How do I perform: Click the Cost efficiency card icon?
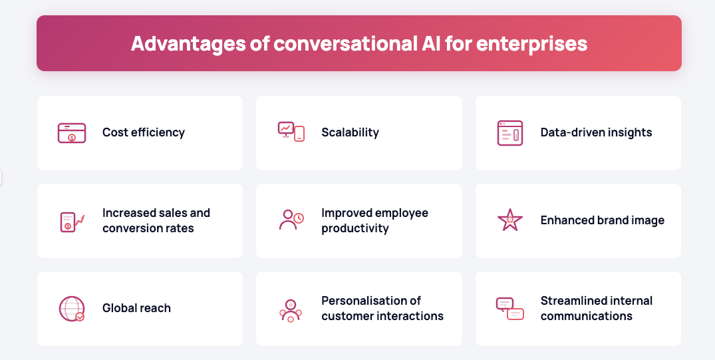pos(72,133)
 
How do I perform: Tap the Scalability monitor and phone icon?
pos(291,132)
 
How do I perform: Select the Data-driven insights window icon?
pos(509,133)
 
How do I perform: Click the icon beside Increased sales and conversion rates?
pos(72,222)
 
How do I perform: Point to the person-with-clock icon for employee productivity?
pos(291,220)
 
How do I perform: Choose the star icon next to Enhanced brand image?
pos(509,220)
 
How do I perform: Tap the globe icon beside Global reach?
pos(72,309)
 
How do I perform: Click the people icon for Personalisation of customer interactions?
pos(291,310)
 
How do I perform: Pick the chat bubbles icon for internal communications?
pos(509,309)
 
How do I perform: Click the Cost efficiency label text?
pos(144,132)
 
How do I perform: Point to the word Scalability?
pos(351,132)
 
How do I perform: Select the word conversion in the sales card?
pos(129,228)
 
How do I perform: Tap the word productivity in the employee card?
pos(355,229)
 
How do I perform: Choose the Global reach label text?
pos(137,308)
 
